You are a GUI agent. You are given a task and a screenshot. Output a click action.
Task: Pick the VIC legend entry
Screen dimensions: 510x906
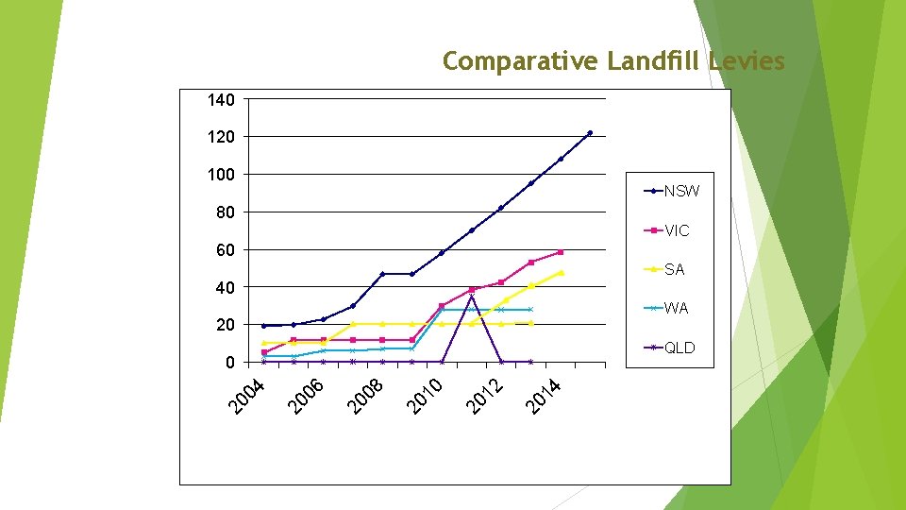click(677, 230)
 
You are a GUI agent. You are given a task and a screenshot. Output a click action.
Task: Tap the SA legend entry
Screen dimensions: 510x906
click(674, 270)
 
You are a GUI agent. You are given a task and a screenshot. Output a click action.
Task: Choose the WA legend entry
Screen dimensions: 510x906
click(676, 309)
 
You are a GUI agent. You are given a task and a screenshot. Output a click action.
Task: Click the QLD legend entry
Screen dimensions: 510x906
click(679, 348)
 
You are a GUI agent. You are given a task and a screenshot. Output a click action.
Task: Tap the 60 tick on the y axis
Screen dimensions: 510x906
click(226, 250)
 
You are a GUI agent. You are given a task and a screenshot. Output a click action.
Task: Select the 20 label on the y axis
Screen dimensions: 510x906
click(226, 325)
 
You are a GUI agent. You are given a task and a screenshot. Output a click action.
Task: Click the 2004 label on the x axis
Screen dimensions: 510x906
click(249, 396)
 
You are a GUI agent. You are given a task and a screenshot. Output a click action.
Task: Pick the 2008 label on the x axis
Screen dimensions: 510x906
click(366, 396)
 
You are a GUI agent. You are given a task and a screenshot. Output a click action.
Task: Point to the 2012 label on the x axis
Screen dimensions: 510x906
click(487, 396)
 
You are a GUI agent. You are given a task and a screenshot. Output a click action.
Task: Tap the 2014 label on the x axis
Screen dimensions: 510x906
click(545, 396)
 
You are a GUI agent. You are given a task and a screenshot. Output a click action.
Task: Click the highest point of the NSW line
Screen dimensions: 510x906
click(590, 133)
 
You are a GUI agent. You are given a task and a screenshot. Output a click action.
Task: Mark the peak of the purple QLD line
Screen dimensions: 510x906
click(472, 297)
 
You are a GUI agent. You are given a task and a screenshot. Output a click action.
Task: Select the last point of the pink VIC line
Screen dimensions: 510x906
click(561, 252)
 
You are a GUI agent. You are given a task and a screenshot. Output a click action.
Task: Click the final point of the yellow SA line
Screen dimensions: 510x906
click(562, 272)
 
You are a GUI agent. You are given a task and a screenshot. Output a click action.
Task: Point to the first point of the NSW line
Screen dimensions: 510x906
click(264, 326)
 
